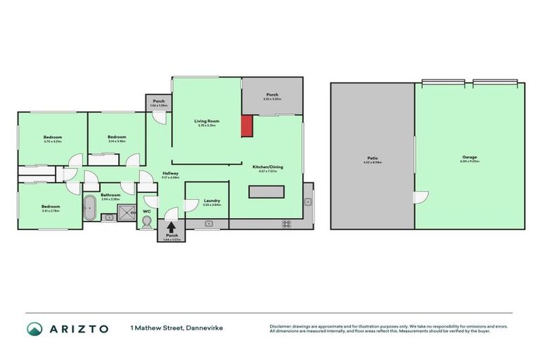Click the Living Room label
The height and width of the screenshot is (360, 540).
(207, 122)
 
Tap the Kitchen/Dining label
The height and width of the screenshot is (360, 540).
(267, 167)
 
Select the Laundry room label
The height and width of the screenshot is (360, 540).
(212, 201)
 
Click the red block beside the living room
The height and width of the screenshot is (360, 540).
(247, 126)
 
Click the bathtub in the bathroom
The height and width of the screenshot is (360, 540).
(89, 208)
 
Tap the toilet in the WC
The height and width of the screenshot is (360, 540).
(147, 221)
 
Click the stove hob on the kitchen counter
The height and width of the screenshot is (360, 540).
(287, 224)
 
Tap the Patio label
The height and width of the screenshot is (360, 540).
(373, 159)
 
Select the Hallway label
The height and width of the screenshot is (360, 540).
(170, 174)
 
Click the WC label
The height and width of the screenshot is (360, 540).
(146, 210)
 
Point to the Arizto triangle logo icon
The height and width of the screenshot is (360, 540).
(34, 328)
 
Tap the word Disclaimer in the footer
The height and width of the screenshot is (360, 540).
(283, 326)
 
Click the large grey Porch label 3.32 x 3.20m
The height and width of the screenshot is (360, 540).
(272, 95)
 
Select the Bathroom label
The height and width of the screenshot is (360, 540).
(110, 195)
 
